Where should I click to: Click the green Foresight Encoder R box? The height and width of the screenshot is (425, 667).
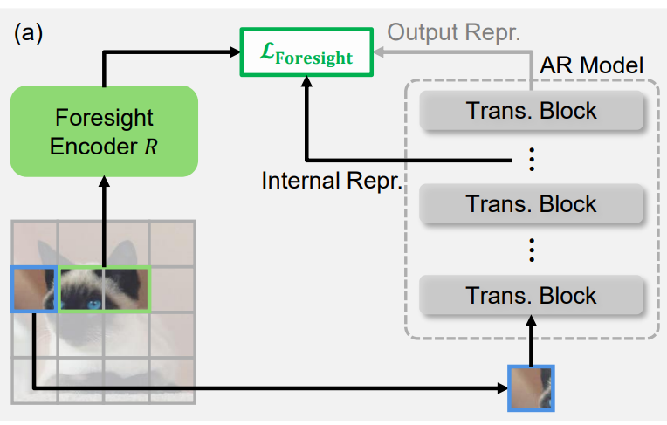click(104, 132)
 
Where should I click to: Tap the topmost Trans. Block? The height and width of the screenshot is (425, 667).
click(532, 112)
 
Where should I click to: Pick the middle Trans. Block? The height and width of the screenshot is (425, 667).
click(532, 204)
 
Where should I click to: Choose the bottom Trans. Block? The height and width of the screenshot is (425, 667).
click(532, 296)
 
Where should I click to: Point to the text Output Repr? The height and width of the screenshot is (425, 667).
click(453, 33)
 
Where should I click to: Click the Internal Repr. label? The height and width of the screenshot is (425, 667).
click(331, 181)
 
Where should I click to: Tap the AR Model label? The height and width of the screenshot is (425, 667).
click(592, 65)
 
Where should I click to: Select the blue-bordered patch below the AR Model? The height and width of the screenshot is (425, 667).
click(532, 387)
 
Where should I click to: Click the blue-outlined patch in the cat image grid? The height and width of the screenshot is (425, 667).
click(34, 289)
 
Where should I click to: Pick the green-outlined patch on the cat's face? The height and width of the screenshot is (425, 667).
click(104, 289)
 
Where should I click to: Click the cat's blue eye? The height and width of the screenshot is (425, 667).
click(92, 304)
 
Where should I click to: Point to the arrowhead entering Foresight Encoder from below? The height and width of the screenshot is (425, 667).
click(104, 182)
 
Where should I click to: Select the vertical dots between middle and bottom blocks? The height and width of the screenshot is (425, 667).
click(532, 250)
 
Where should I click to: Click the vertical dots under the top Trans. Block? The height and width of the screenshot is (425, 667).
click(532, 159)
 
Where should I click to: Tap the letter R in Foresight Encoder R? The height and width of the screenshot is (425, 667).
click(152, 146)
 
